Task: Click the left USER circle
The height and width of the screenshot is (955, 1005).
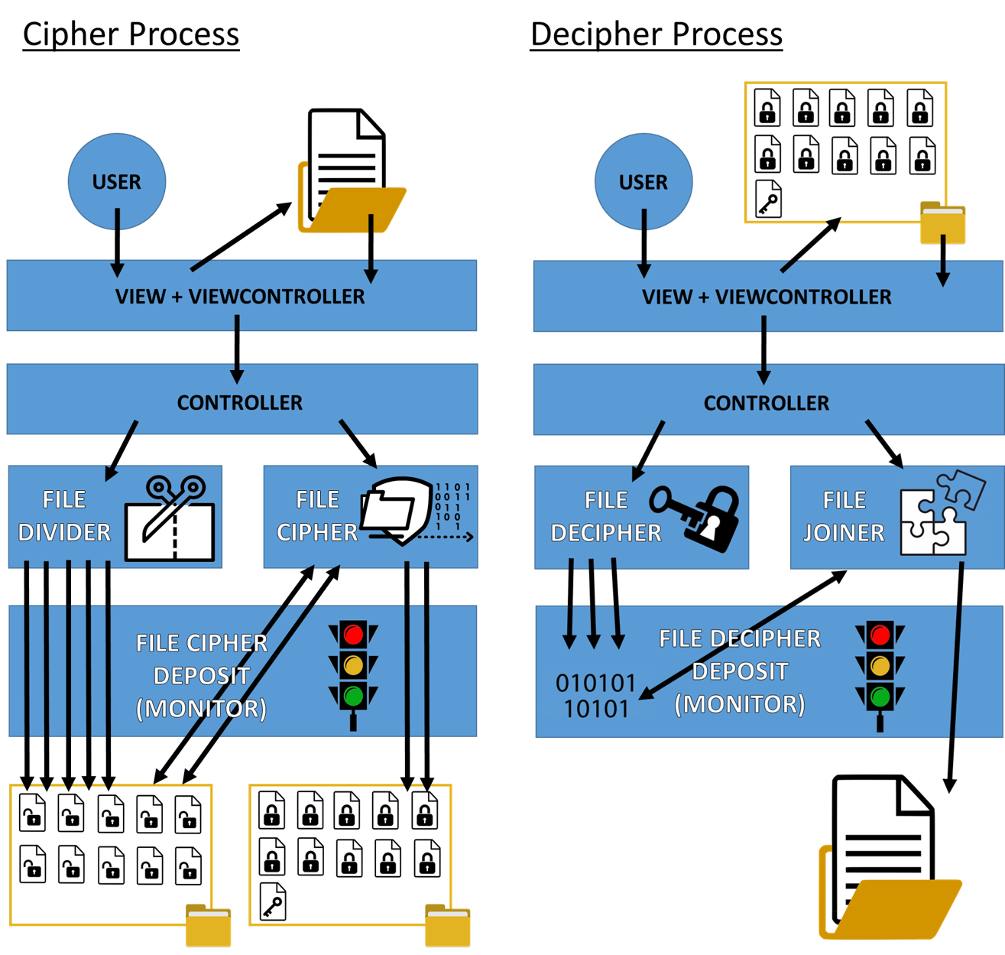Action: pos(117,181)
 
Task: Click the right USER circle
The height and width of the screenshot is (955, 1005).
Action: pos(644,181)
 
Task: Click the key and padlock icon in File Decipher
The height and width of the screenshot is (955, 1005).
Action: pos(695,517)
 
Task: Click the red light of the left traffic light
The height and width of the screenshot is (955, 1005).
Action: pos(353,635)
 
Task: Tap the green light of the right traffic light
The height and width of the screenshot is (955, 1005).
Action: pos(880,697)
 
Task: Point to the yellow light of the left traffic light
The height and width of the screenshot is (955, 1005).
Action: pos(353,665)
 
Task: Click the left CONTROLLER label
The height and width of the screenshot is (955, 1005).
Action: pos(240,402)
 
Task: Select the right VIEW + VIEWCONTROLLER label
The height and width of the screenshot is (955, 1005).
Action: pos(767,297)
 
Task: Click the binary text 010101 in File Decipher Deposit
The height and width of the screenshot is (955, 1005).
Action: pos(595,683)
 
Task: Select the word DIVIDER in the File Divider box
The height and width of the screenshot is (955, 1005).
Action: pos(64,532)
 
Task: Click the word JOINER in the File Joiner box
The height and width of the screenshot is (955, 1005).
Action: pos(844,532)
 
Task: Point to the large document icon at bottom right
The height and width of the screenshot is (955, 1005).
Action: pos(887,856)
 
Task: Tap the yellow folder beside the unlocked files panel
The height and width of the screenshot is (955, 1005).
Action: pos(209,925)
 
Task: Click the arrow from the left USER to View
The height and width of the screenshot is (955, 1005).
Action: pos(117,245)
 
